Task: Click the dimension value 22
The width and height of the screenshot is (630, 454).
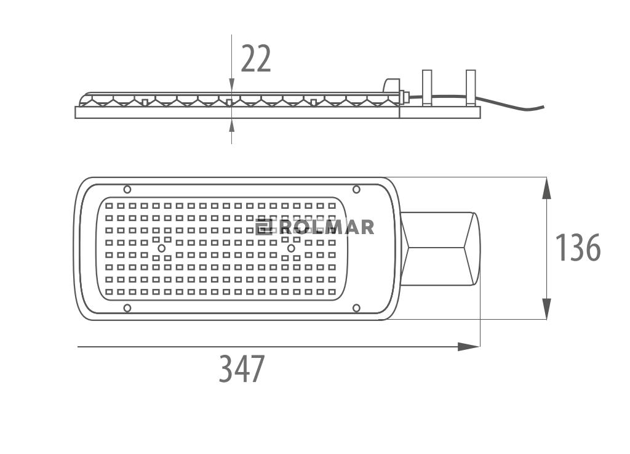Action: click(x=256, y=59)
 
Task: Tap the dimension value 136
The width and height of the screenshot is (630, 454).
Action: click(x=577, y=247)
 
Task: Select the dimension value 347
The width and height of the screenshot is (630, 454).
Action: click(x=241, y=368)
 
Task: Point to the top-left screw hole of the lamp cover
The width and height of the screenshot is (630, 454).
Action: click(x=127, y=189)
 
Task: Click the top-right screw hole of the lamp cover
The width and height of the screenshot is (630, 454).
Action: click(x=356, y=189)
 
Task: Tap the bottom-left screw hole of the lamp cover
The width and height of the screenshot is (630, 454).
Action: click(x=127, y=308)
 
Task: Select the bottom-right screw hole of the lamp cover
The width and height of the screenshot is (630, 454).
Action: click(x=356, y=308)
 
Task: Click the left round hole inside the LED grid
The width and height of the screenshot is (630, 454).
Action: click(x=162, y=248)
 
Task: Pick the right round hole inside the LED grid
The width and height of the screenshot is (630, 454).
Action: click(x=291, y=248)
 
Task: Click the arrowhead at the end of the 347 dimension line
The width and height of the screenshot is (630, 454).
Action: click(x=468, y=347)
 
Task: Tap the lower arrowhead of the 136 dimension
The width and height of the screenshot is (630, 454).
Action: click(x=546, y=309)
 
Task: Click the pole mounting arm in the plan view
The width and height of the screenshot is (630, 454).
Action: click(x=441, y=248)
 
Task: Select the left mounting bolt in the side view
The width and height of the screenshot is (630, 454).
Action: click(x=427, y=88)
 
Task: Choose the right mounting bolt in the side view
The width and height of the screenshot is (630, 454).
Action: click(x=471, y=88)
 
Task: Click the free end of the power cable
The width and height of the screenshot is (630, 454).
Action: click(x=543, y=107)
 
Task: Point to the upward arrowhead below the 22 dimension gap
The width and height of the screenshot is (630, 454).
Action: click(x=231, y=126)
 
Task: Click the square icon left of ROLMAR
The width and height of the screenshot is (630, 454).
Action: click(x=264, y=227)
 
